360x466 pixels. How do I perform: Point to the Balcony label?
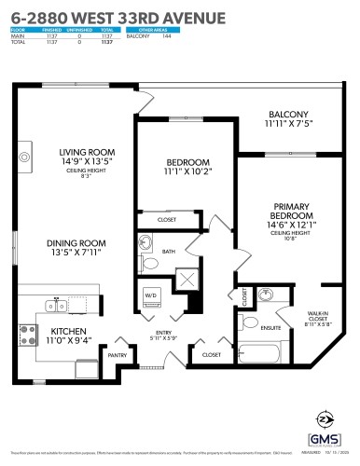point(290,115)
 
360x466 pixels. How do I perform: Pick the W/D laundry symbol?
point(151,295)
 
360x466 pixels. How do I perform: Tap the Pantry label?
point(117,355)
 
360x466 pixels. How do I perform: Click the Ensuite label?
point(271,327)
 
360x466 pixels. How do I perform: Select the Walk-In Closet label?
point(318,317)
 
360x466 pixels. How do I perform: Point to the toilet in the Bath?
point(146,244)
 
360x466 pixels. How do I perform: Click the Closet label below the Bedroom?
point(167,219)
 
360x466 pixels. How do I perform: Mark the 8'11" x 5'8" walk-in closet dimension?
point(318,325)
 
